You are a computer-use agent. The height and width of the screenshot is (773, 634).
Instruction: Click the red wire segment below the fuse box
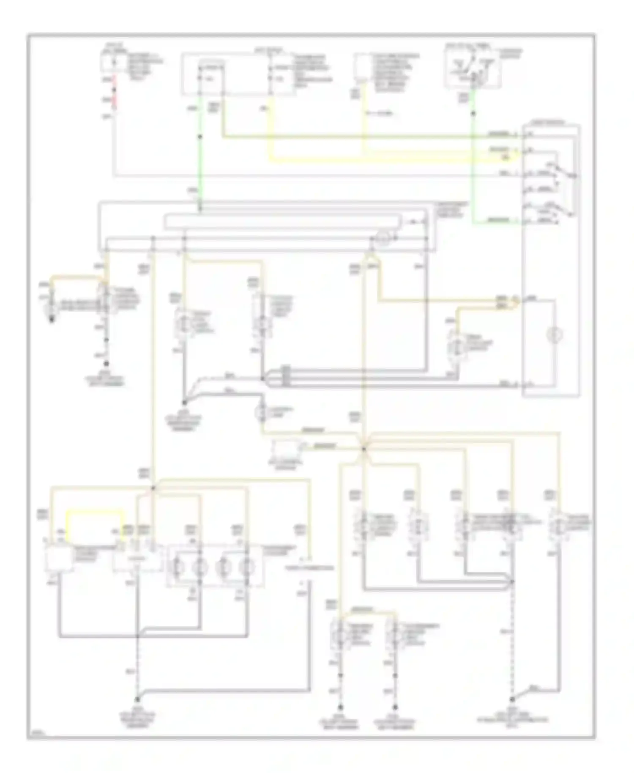[113, 94]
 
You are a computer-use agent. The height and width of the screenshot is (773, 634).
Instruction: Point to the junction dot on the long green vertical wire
[200, 137]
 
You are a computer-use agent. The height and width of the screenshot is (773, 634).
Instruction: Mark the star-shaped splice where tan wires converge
[363, 449]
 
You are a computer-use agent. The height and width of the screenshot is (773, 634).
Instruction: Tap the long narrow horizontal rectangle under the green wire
[282, 222]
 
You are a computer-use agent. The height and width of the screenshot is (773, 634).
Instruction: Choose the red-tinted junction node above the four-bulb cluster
[153, 488]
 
